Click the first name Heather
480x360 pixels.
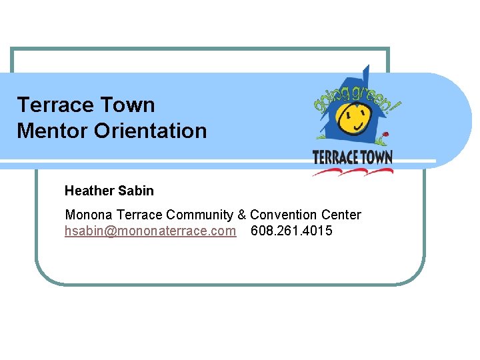click(89, 191)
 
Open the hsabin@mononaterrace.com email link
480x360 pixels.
click(150, 231)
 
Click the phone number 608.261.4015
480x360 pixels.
click(291, 231)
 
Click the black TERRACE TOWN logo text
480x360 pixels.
click(353, 157)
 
